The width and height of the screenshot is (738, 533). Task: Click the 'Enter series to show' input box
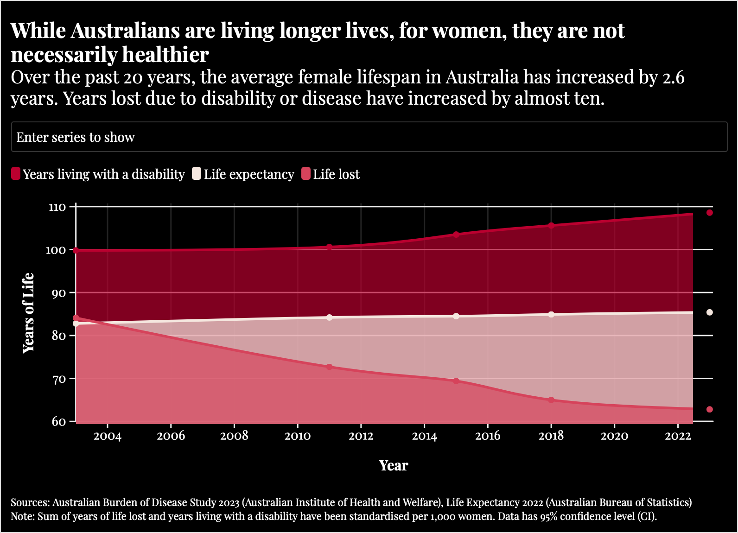(369, 137)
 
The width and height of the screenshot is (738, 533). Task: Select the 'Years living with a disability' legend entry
(98, 174)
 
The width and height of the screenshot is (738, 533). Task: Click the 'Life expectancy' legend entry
(243, 174)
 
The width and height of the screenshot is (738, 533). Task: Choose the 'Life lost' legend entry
(331, 174)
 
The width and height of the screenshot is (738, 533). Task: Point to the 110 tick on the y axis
(57, 207)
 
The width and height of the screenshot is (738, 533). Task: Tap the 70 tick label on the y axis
(58, 379)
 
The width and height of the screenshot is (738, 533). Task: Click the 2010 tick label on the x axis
(298, 436)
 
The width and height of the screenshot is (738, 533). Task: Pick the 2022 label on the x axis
(678, 436)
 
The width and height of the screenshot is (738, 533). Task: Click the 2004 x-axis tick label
(108, 436)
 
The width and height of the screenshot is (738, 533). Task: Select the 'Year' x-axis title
(394, 465)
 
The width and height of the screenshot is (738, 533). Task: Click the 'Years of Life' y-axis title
(29, 313)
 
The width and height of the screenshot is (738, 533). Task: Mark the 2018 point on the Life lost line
(551, 400)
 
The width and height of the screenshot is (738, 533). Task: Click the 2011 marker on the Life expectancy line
(330, 317)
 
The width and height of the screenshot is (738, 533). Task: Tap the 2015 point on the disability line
(456, 235)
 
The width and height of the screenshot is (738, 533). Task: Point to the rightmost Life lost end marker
(709, 409)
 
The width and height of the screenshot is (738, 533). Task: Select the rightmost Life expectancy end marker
(709, 312)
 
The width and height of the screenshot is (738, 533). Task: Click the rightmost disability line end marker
(709, 213)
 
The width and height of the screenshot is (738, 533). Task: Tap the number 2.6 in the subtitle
(673, 77)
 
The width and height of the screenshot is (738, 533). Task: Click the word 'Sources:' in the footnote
(30, 502)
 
